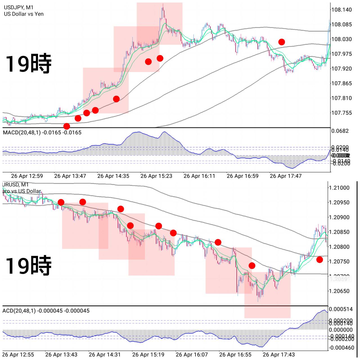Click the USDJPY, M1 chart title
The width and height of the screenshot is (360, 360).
(x=19, y=8)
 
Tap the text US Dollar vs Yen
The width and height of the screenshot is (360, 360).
(x=24, y=14)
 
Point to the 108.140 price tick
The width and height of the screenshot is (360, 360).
(x=341, y=10)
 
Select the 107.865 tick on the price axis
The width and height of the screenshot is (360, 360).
(x=341, y=84)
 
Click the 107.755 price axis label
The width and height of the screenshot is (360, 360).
(x=341, y=113)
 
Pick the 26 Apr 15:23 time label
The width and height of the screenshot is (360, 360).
(x=156, y=176)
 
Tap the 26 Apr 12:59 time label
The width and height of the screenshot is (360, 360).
(x=27, y=176)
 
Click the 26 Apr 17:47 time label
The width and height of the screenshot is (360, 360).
(x=285, y=176)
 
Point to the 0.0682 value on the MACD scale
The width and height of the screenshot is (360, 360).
(x=340, y=131)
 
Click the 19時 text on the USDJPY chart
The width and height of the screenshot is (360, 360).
(x=28, y=64)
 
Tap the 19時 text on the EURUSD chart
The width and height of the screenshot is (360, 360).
(x=28, y=265)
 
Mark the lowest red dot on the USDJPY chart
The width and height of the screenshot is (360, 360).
(x=67, y=126)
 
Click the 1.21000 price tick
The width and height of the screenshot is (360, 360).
(x=339, y=188)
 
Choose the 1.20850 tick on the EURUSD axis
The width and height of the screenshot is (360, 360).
(x=339, y=232)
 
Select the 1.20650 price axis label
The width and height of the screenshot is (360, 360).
(x=339, y=291)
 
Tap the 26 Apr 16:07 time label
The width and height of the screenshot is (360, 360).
(x=192, y=355)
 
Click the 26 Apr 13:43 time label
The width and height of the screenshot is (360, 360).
(x=61, y=355)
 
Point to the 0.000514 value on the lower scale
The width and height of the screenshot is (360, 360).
(x=341, y=309)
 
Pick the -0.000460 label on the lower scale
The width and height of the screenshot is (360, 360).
(x=341, y=348)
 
